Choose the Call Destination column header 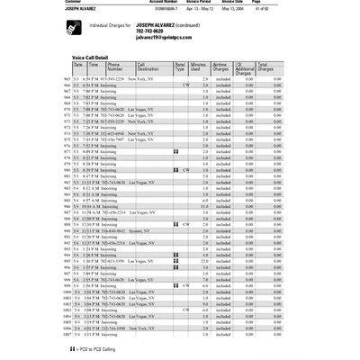pos(149,67)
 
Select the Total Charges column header pos(266,67)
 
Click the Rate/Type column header pos(180,67)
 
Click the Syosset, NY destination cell pos(143,230)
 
